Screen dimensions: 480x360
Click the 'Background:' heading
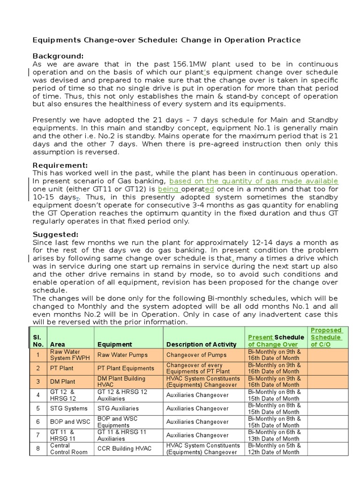click(57, 56)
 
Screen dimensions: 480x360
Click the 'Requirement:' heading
click(60, 165)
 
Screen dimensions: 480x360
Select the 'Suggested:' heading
click(55, 234)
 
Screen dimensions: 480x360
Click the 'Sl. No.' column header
click(37, 341)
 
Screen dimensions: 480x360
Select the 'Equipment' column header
click(115, 345)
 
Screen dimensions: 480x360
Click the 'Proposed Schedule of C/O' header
click(327, 337)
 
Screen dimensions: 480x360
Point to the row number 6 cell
click(38, 422)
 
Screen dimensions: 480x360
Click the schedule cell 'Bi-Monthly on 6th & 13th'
click(274, 435)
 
